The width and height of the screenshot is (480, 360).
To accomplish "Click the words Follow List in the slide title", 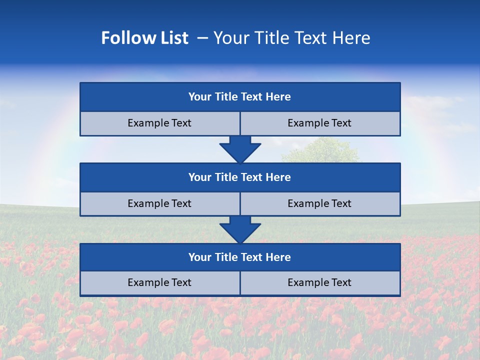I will (x=144, y=38).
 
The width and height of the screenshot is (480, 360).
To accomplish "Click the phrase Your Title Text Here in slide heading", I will (x=291, y=38).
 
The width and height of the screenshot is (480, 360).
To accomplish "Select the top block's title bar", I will (x=240, y=97).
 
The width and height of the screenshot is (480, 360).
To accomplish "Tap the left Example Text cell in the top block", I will (x=159, y=123).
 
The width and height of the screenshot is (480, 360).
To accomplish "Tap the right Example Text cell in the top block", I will (x=319, y=123).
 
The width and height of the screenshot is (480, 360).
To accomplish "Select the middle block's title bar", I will (x=240, y=177).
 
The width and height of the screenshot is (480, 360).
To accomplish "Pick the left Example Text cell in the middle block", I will (x=159, y=203).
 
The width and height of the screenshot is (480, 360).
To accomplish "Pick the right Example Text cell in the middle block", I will (x=319, y=203).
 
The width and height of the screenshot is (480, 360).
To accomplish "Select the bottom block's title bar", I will (x=240, y=257).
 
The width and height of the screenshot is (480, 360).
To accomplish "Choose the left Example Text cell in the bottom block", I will (x=159, y=282).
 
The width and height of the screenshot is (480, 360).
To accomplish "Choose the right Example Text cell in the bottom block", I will (x=319, y=282).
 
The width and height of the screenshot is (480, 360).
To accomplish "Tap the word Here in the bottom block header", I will (x=278, y=257).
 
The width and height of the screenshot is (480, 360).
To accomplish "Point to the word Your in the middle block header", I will (x=200, y=177).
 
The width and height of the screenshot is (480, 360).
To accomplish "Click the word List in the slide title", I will (x=172, y=38).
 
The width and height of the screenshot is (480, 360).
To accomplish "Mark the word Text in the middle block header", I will (x=251, y=177).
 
